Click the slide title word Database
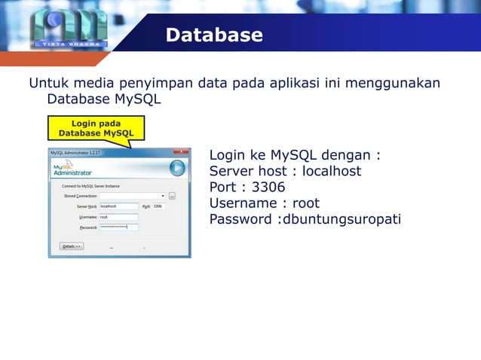click(214, 35)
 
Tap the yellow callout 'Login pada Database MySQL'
click(96, 128)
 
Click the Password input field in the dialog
click(118, 227)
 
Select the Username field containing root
click(118, 217)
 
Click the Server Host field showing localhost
click(118, 206)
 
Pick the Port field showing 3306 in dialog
click(158, 206)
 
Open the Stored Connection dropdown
click(161, 196)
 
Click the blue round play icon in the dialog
click(177, 168)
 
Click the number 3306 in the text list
click(269, 188)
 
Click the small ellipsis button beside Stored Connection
click(172, 196)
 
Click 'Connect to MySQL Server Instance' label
click(90, 186)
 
